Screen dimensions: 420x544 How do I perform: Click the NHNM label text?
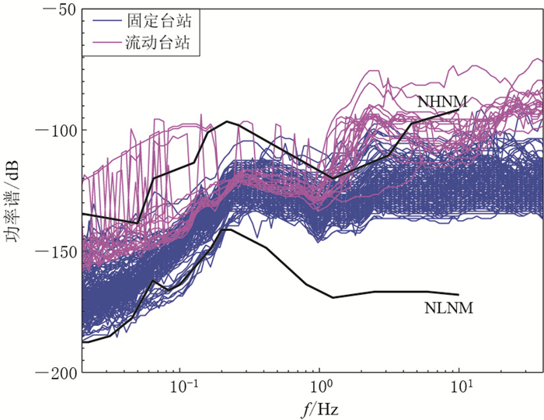[x=441, y=101]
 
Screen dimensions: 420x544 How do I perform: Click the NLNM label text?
[x=449, y=308]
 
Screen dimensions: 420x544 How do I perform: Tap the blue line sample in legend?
[x=103, y=21]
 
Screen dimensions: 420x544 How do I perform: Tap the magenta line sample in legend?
[x=103, y=45]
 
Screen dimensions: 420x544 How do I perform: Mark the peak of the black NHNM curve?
[x=227, y=121]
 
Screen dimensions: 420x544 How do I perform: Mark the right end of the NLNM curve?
[x=459, y=295]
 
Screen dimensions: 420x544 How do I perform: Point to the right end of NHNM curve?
[x=459, y=110]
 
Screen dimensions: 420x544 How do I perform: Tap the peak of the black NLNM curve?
[x=227, y=229]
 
